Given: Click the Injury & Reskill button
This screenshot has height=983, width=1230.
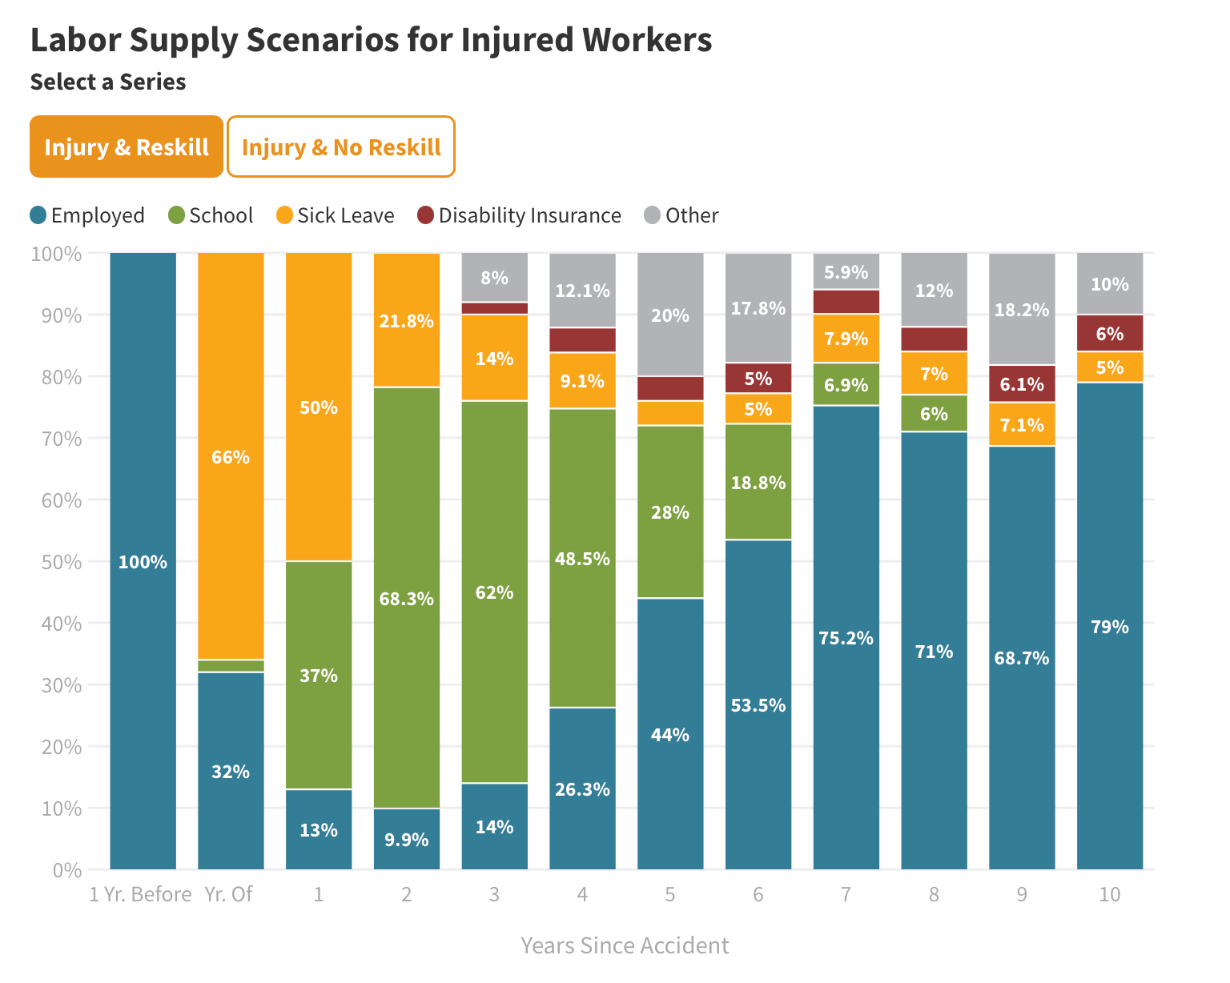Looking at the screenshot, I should [127, 147].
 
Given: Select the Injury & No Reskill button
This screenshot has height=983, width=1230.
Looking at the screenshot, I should [341, 147].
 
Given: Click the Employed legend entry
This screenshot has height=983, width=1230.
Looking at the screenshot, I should [87, 215].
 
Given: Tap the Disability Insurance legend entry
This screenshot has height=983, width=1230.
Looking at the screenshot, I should [519, 215].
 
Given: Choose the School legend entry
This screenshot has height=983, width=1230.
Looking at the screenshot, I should [211, 215].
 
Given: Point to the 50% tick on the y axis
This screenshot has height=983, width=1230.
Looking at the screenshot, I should [56, 562].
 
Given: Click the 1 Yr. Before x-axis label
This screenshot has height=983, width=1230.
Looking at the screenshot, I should [140, 894].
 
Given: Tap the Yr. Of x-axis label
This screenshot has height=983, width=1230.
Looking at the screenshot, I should [229, 894].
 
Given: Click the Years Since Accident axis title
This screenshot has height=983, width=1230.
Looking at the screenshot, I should [625, 945].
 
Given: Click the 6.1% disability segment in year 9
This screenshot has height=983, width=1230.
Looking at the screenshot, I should [1022, 384].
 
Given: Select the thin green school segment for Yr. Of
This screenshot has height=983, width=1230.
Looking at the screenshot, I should [231, 666].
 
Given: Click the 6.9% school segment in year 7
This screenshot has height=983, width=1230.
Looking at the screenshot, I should [846, 385].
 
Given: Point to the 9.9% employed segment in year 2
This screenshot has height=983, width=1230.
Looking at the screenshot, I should [407, 839].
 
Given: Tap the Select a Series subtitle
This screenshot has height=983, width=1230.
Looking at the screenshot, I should [108, 82].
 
